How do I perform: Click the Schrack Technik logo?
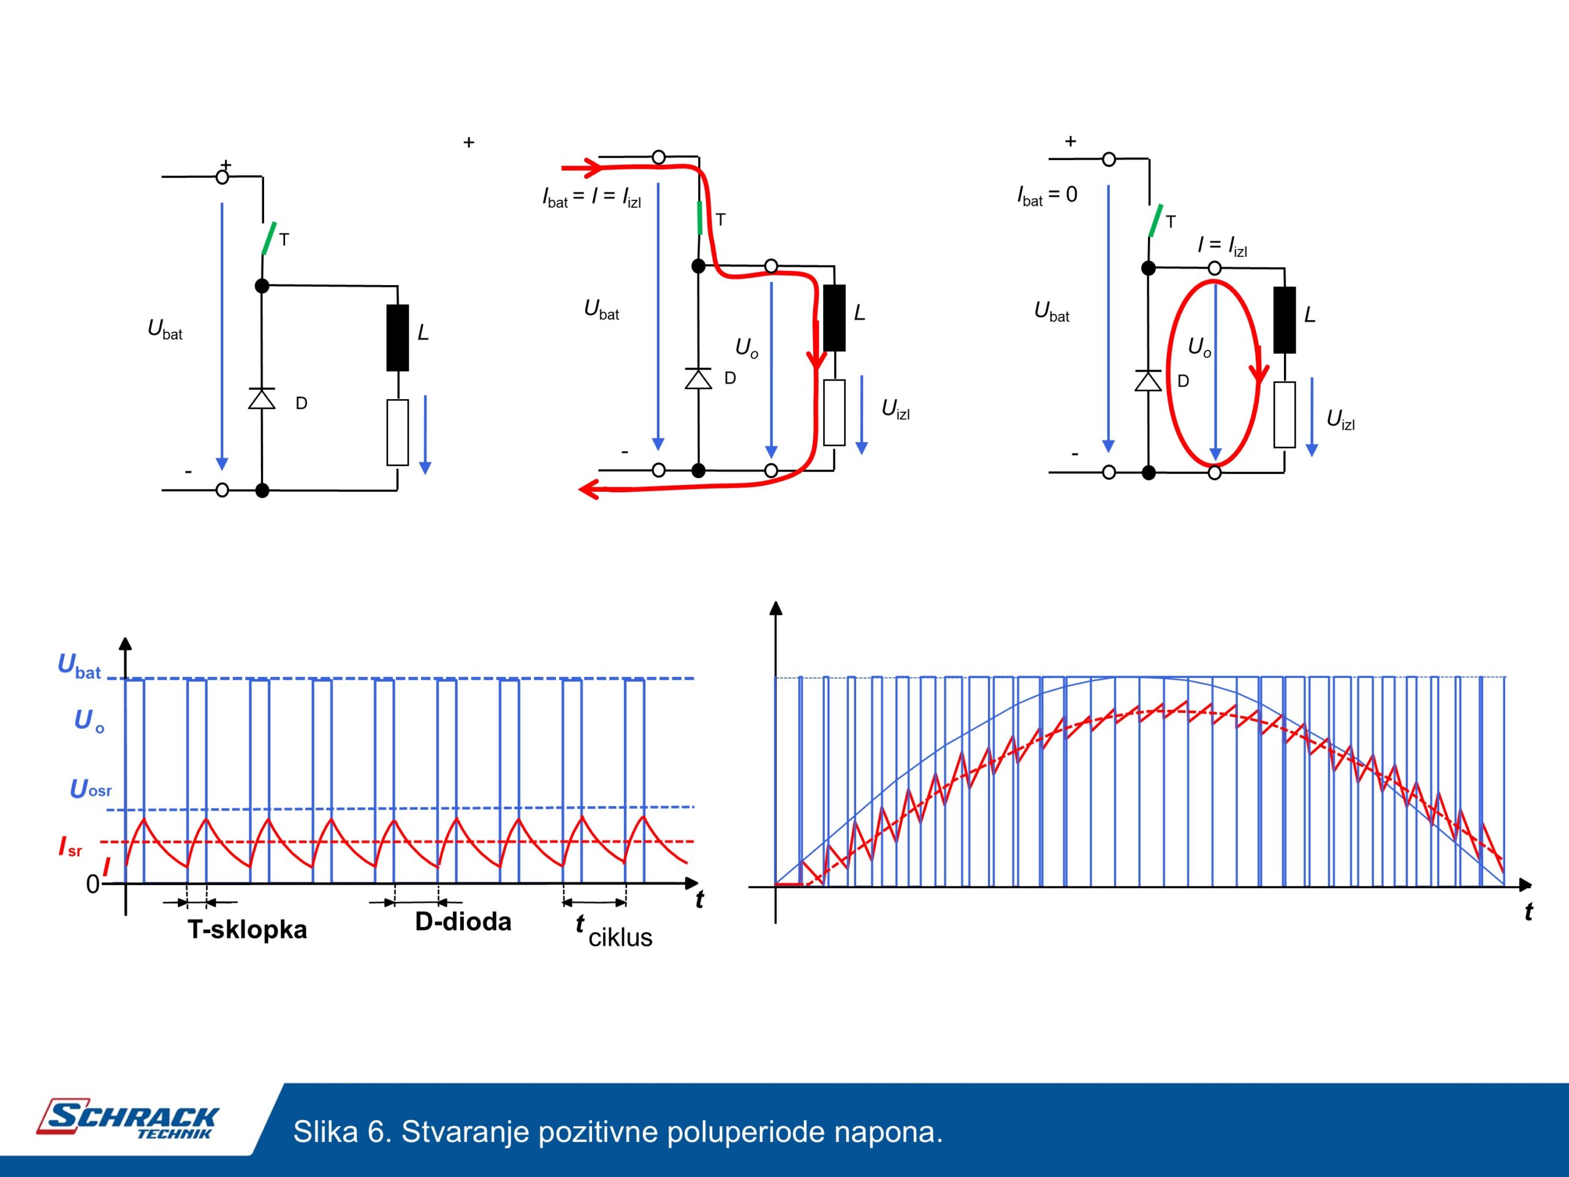(127, 1119)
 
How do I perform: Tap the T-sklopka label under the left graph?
(248, 929)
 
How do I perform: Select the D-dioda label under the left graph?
(463, 921)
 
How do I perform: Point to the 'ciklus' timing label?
(620, 938)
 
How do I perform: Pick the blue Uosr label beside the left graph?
(91, 789)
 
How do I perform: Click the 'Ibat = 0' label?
(1047, 196)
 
